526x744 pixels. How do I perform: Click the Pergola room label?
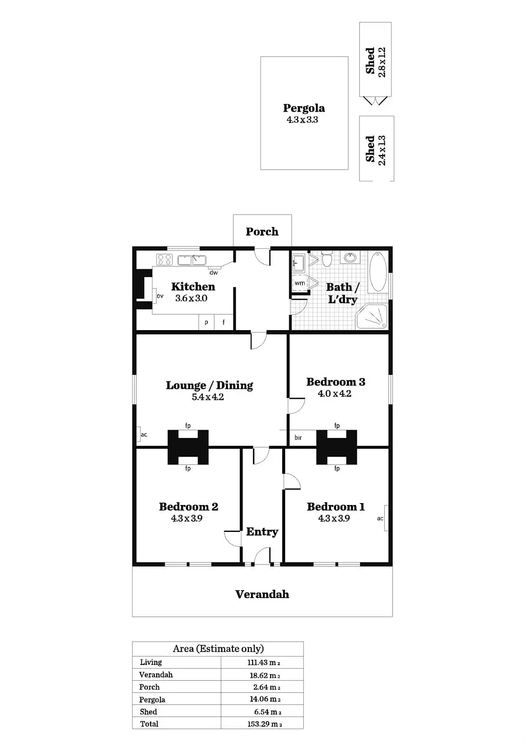coord(304,108)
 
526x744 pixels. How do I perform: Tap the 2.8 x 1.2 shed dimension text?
coord(382,62)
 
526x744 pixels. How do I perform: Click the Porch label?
coord(262,232)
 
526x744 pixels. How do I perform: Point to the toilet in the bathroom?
coord(326,259)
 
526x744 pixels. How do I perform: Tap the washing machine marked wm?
coord(300,283)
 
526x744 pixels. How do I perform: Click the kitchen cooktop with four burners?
coord(165,259)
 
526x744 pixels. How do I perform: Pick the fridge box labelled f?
coord(224,322)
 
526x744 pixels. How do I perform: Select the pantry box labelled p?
coord(206,322)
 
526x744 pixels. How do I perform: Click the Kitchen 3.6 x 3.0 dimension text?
coord(191,299)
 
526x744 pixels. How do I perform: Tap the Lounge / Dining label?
coord(209,385)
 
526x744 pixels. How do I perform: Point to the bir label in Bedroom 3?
coord(298,438)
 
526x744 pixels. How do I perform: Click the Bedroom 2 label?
coord(188,506)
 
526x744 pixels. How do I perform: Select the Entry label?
coord(262,531)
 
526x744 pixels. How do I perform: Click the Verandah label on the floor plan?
coord(262,594)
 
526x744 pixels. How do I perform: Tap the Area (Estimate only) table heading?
coord(218,649)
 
